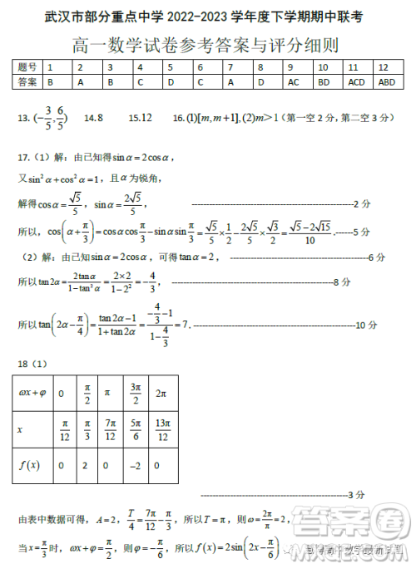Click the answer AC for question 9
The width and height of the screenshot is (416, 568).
point(293,82)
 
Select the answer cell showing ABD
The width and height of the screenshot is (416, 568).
point(386,82)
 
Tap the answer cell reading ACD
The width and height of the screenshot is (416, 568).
point(356,82)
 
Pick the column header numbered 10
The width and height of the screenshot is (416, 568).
point(324,66)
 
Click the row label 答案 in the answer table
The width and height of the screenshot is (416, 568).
point(27,82)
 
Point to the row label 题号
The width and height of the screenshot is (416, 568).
point(27,66)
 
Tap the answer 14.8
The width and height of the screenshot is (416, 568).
point(94,119)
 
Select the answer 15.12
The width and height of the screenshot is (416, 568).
point(141,119)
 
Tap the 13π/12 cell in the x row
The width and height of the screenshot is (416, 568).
point(163,428)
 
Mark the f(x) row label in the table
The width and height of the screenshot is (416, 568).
point(29,466)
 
